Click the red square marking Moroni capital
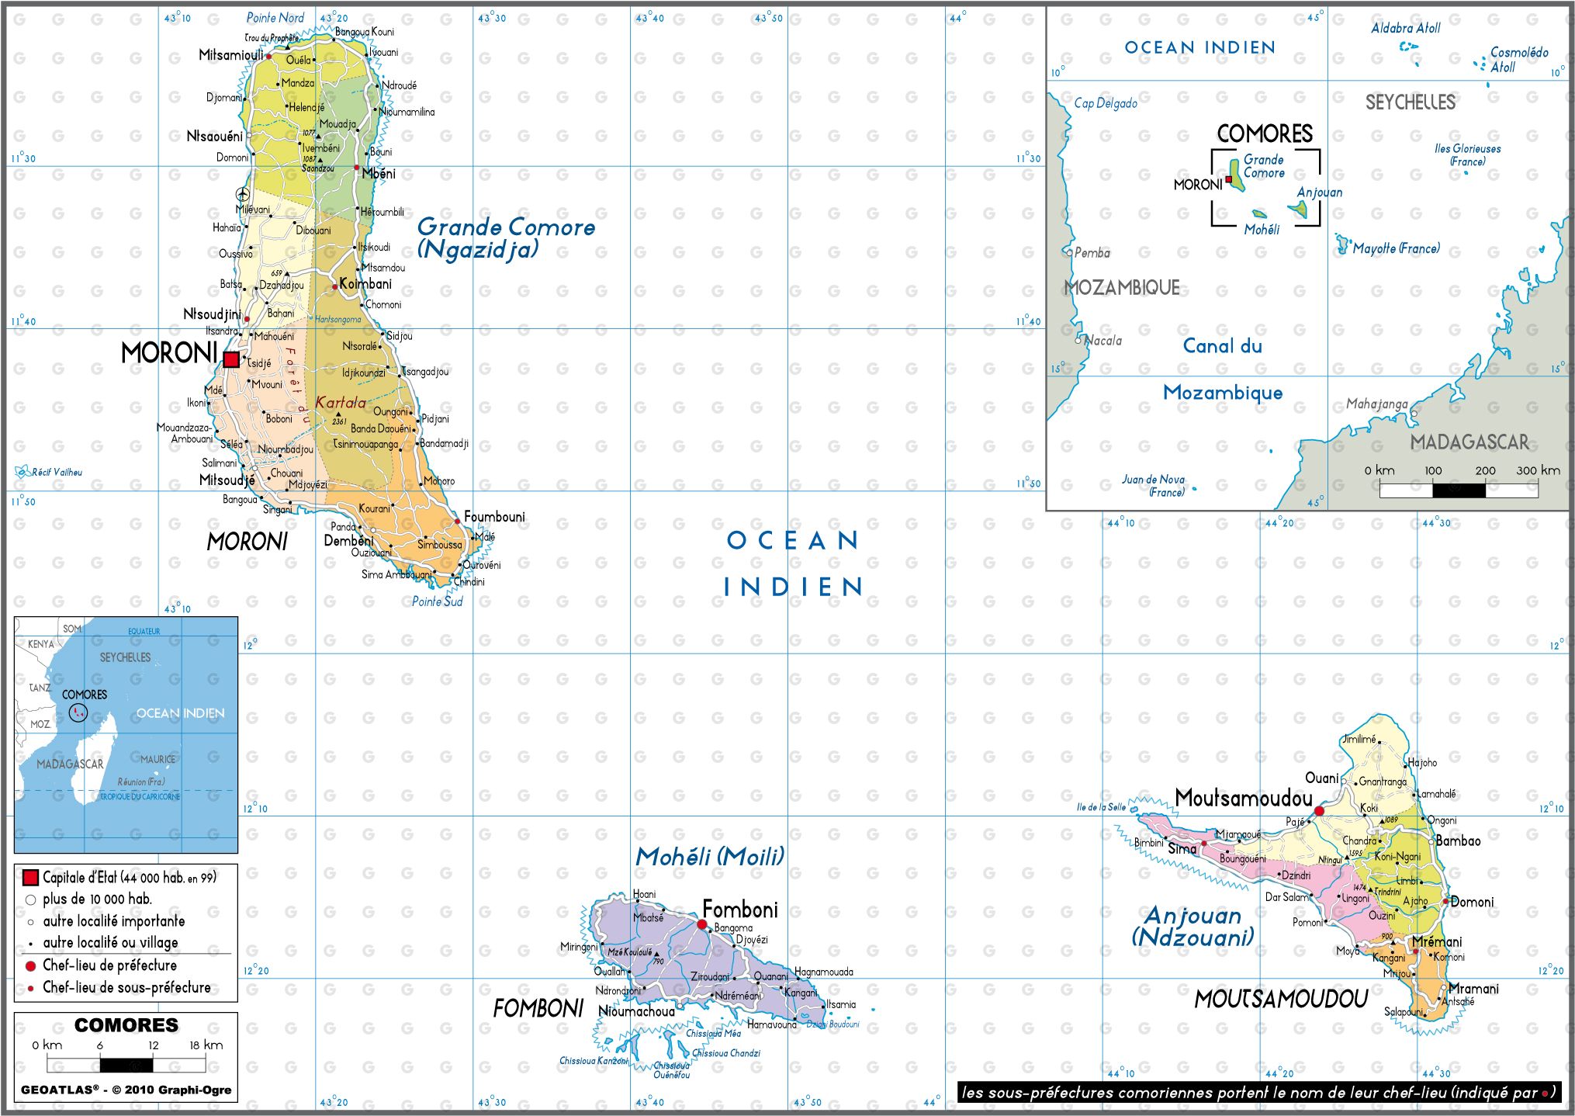pos(231,359)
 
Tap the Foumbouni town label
pos(494,517)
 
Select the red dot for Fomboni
pos(702,924)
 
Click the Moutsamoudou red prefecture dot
pos(1319,810)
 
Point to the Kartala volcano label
pos(340,403)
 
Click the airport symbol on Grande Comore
pos(243,194)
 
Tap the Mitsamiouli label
pos(230,55)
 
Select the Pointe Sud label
pos(437,601)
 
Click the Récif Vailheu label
pos(56,472)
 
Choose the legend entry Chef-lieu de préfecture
pos(109,965)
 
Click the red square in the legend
pos(30,878)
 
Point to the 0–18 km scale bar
pos(126,1064)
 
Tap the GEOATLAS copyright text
pos(126,1090)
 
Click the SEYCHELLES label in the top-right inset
pos(1410,102)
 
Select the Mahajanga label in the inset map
pos(1376,404)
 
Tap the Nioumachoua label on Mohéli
pos(636,1011)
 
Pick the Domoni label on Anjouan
pos(1472,902)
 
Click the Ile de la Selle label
pos(1101,807)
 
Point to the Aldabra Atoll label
pos(1405,28)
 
